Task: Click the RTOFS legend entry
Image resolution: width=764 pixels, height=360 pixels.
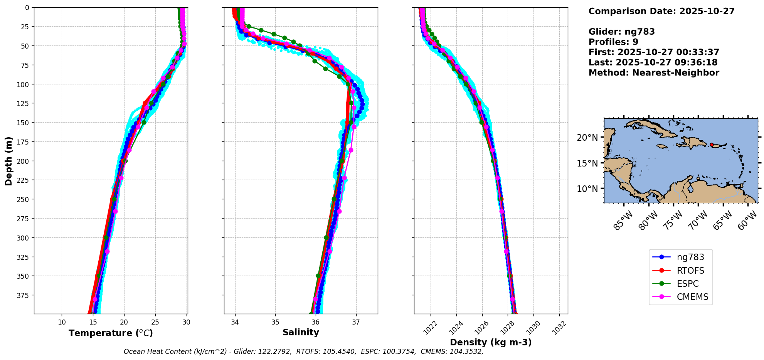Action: click(x=690, y=271)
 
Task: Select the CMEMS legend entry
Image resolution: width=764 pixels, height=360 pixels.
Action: click(x=692, y=297)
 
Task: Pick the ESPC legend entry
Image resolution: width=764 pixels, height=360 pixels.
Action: click(x=687, y=284)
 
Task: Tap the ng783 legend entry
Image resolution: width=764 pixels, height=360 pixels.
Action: click(x=690, y=257)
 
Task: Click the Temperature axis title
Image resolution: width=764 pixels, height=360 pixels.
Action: click(x=111, y=333)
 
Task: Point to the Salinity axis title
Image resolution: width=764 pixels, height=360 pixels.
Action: click(x=301, y=332)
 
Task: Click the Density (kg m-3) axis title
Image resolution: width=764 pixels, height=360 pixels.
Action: click(x=491, y=342)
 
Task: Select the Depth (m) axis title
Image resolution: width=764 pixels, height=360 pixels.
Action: click(x=8, y=161)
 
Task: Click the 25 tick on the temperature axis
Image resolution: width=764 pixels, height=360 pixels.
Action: click(x=155, y=322)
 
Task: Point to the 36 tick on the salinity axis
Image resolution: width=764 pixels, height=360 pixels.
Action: click(x=315, y=322)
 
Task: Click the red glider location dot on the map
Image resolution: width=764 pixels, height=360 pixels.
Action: click(x=712, y=145)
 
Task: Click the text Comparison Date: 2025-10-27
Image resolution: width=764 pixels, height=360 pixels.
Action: click(x=661, y=11)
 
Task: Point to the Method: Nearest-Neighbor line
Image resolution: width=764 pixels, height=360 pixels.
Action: click(x=654, y=73)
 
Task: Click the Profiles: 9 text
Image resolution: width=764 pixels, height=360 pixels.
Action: click(x=613, y=42)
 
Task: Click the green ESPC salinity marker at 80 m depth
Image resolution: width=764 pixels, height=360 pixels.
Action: click(x=325, y=69)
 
